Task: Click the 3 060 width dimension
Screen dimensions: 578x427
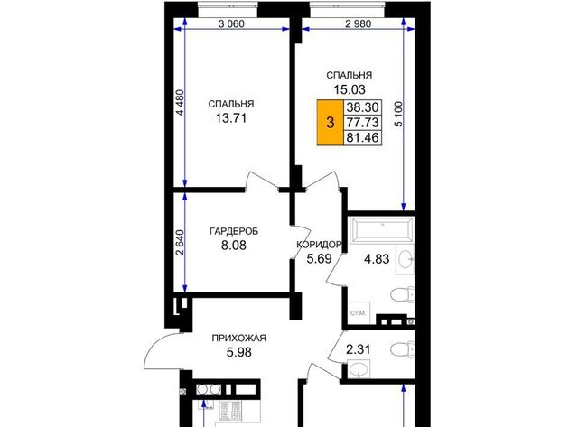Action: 231,24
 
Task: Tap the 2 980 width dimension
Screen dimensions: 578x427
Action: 358,24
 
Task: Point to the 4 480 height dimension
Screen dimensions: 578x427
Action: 180,102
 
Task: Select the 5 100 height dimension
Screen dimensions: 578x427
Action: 398,115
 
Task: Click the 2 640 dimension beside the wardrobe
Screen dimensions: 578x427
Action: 180,243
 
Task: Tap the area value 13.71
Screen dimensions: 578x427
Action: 231,118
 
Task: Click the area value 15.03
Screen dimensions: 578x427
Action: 350,89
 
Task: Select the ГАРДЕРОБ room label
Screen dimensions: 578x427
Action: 234,231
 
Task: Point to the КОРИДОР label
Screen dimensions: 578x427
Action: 319,245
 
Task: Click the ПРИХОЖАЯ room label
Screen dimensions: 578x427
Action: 238,338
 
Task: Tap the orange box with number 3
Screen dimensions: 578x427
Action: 331,122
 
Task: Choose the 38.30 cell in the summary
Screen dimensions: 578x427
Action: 362,107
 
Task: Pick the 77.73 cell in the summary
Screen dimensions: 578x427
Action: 362,122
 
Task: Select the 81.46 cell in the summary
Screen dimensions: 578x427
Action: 362,137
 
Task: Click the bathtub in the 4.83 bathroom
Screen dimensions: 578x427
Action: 382,230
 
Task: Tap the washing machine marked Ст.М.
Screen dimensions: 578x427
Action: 359,313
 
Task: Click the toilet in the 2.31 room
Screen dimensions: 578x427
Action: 402,348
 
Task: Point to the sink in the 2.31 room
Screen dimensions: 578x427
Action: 359,369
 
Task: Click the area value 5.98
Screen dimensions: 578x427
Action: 238,353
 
